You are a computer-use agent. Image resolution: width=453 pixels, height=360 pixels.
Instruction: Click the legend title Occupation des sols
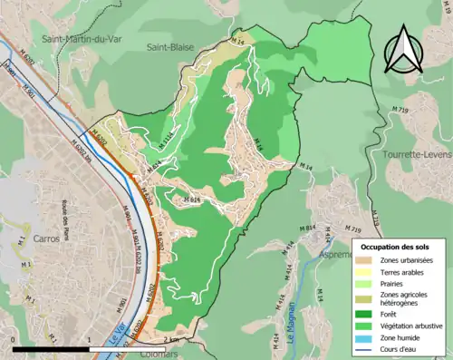(x=395, y=247)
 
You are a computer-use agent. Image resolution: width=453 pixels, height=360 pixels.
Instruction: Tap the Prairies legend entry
(x=395, y=284)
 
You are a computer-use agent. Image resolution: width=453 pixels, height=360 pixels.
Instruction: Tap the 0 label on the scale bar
(x=14, y=340)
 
